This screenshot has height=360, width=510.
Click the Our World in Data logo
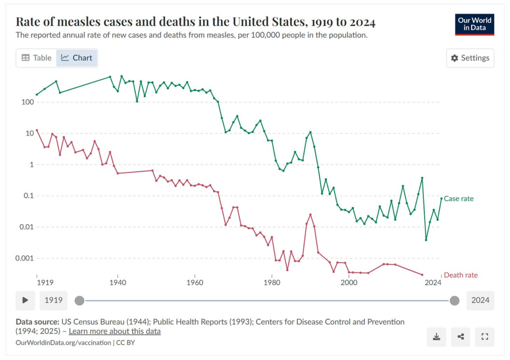point(474,24)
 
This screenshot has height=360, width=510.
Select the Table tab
point(36,58)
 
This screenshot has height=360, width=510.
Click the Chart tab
point(77,58)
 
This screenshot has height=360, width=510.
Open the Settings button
point(470,58)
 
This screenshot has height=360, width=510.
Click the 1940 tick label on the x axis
point(118,282)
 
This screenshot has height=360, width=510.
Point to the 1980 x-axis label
point(272,282)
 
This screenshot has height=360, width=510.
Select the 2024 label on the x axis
point(433,282)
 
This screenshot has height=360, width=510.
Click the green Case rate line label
point(458,199)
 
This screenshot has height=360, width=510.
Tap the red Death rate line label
point(460,275)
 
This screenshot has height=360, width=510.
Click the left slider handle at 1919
point(79,300)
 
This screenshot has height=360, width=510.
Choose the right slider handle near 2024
point(454,300)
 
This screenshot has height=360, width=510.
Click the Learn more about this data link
point(115,331)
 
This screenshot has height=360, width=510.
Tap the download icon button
point(436,337)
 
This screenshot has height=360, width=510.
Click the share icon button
point(460,337)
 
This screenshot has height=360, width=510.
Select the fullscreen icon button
point(484,337)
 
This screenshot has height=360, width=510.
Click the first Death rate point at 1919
point(37,130)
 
